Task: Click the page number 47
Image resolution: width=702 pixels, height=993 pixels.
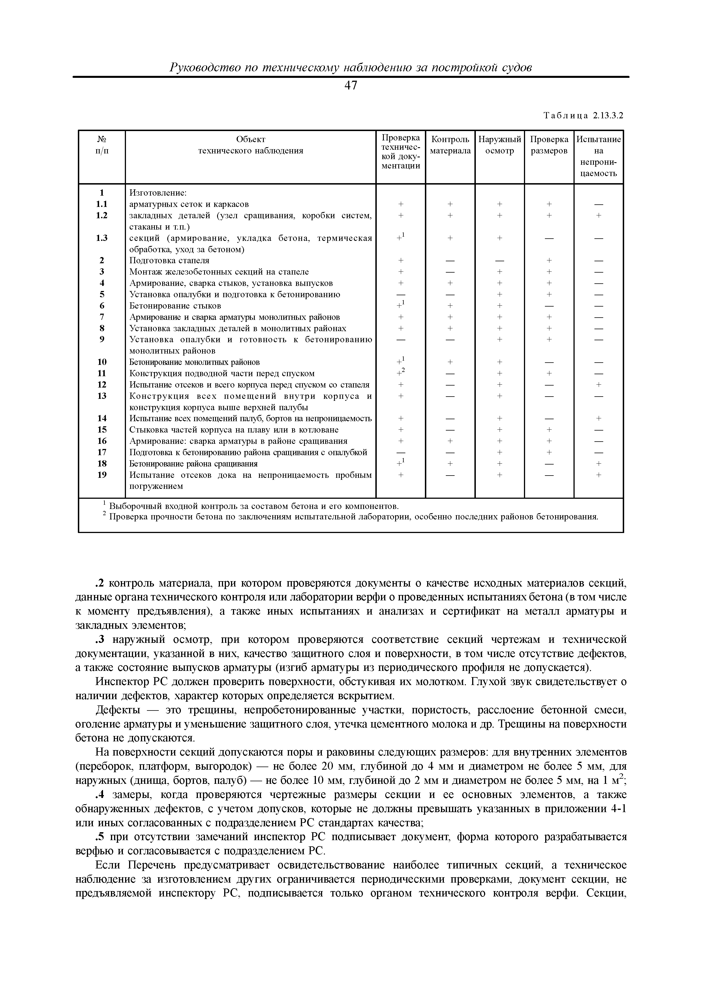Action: [351, 86]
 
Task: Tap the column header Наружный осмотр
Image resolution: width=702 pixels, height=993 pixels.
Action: [500, 145]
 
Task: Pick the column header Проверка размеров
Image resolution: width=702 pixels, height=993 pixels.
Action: [549, 145]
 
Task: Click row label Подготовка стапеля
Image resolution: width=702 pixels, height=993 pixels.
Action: [169, 260]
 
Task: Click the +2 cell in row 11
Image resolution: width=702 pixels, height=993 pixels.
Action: [401, 373]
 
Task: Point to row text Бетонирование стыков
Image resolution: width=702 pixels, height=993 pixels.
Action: [175, 306]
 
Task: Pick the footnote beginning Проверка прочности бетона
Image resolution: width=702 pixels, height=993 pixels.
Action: [352, 517]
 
